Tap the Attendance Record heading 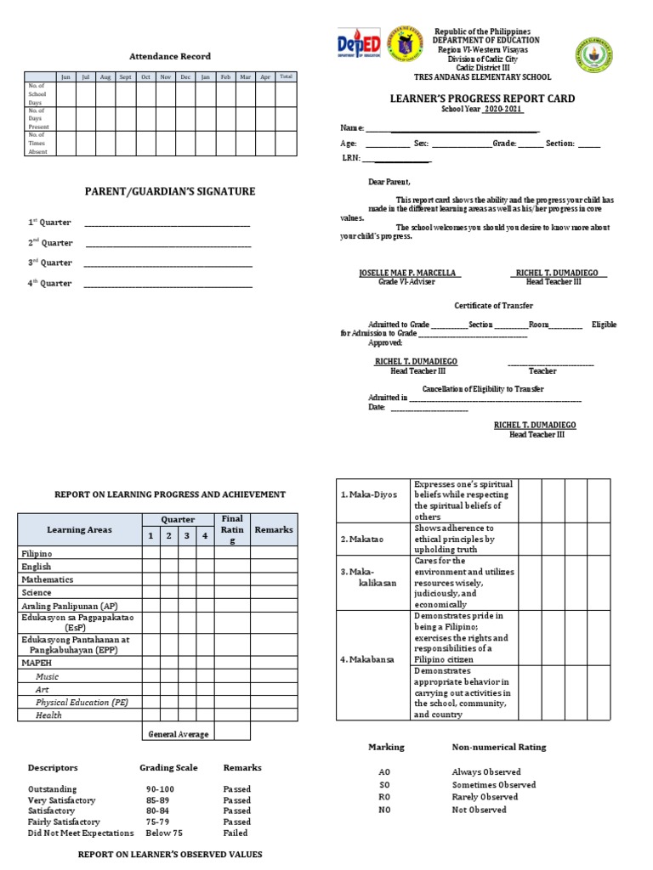point(169,56)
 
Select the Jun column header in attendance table point(65,76)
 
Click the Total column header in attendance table point(287,76)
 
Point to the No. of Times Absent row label point(37,143)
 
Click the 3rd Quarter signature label point(50,263)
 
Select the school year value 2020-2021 point(503,110)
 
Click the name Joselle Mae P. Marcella point(409,273)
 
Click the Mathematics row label point(48,579)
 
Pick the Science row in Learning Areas point(37,592)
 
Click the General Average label point(178,734)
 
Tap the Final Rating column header point(232,529)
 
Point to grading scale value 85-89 point(156,800)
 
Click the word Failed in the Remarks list point(236,833)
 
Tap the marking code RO point(383,797)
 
